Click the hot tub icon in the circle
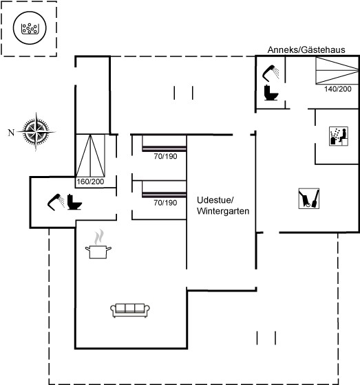(x=30, y=28)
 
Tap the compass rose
(x=36, y=132)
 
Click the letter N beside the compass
(x=11, y=133)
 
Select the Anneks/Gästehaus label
(x=306, y=49)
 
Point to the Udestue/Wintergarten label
(x=223, y=206)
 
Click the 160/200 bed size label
(x=90, y=181)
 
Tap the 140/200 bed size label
(x=337, y=89)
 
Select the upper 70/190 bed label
(x=165, y=156)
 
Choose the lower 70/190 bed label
(x=165, y=203)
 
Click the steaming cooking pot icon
(x=98, y=244)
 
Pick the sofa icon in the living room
(x=130, y=310)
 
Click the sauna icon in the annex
(x=339, y=136)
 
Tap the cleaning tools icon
(x=309, y=199)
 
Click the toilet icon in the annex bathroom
(x=271, y=93)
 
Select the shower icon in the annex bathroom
(x=271, y=73)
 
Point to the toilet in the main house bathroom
(x=74, y=202)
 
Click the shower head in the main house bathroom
(x=56, y=202)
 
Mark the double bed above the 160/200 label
(x=90, y=155)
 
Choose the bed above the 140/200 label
(x=337, y=70)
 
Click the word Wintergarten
(x=223, y=211)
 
